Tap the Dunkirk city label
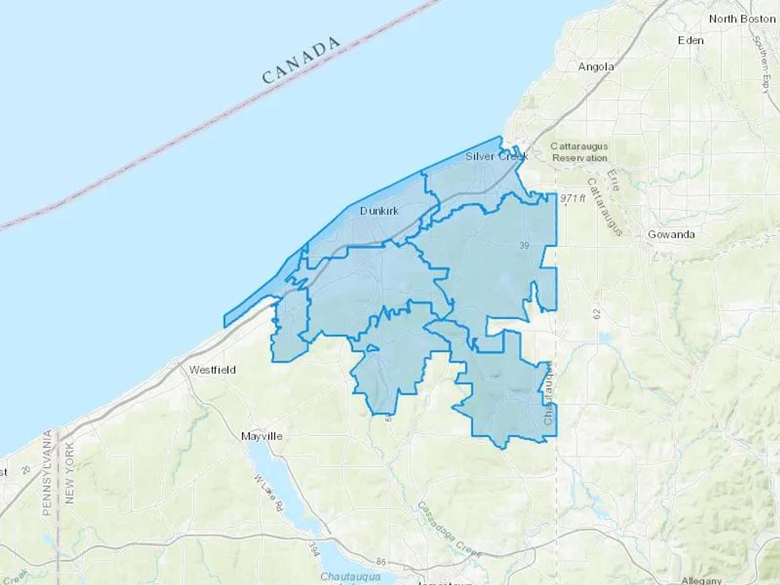click(x=379, y=211)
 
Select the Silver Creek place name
click(x=497, y=156)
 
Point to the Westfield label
click(x=212, y=370)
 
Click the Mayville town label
click(x=262, y=436)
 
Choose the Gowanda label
click(x=671, y=234)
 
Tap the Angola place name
click(x=596, y=67)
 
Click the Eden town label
click(x=691, y=40)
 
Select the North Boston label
click(x=742, y=19)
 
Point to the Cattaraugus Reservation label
click(x=579, y=152)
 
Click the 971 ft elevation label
click(x=572, y=198)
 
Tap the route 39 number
click(x=524, y=246)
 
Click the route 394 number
click(x=314, y=549)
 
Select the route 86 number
click(x=380, y=562)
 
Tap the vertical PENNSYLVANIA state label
click(x=47, y=472)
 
